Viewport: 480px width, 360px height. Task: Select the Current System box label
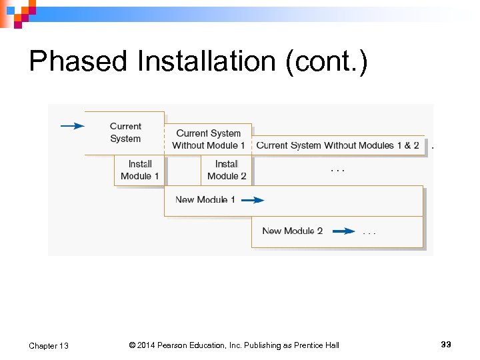click(125, 132)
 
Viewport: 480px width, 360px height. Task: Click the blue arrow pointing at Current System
click(73, 125)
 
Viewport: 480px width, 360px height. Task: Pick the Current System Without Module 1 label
click(208, 139)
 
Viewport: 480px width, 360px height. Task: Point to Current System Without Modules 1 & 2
click(338, 145)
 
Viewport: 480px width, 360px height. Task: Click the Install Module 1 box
click(140, 170)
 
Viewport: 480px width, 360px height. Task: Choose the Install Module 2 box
click(227, 170)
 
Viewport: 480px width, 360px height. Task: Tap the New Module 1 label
click(205, 199)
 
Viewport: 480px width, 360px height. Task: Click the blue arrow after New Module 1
click(253, 200)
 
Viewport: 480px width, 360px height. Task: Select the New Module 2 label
click(292, 231)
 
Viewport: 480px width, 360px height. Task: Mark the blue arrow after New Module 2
click(343, 231)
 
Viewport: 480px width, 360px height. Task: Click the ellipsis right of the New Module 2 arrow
click(369, 233)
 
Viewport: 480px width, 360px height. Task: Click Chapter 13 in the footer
click(49, 345)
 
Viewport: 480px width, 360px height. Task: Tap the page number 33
click(446, 344)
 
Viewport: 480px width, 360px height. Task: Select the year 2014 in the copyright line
click(147, 345)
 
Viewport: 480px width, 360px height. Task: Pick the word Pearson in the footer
click(176, 345)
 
